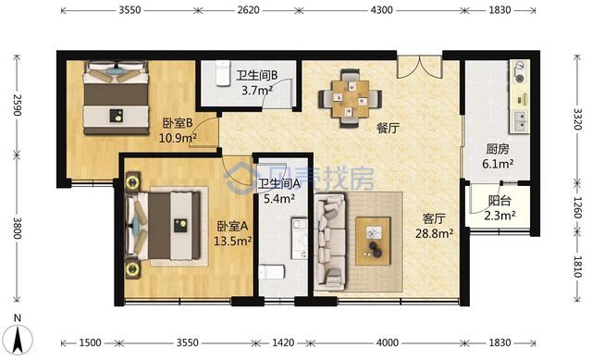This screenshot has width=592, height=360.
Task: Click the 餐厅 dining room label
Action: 387,129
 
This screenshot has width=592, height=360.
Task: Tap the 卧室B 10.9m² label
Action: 177,130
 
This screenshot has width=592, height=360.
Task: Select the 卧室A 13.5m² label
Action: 232,233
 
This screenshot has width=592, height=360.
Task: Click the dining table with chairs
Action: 350,95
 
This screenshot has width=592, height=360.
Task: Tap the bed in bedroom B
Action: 114,95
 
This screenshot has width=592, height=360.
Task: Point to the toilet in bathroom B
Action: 221,72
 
